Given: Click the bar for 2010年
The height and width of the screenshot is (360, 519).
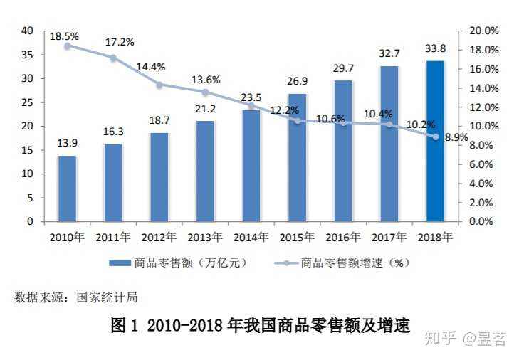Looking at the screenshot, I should pyautogui.click(x=68, y=188).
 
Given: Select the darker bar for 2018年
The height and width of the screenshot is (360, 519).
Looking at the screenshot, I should pyautogui.click(x=435, y=141).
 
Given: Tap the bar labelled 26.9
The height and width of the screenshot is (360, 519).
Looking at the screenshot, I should pyautogui.click(x=298, y=157).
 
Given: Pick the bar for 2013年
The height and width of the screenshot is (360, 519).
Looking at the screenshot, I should pyautogui.click(x=206, y=171).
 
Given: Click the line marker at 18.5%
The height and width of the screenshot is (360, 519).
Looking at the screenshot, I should pyautogui.click(x=68, y=46).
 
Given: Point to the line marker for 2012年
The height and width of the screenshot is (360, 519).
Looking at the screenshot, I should pyautogui.click(x=159, y=85).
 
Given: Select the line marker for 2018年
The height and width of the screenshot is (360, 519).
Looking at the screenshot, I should pyautogui.click(x=435, y=137).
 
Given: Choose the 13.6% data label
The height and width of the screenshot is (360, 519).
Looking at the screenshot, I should pyautogui.click(x=204, y=80).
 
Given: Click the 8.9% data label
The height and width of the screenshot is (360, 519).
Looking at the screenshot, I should pyautogui.click(x=456, y=137).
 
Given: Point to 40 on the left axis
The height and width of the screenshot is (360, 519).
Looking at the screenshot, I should pyautogui.click(x=28, y=31).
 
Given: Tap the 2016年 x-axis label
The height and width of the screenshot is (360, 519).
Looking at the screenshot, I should pyautogui.click(x=343, y=237).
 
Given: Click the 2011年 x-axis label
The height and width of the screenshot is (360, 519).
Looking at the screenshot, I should pyautogui.click(x=113, y=237).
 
